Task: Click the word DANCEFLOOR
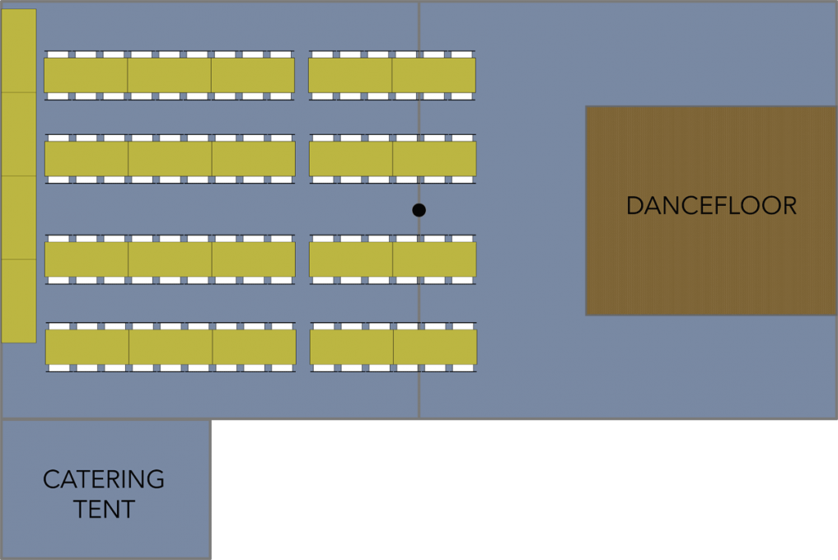point(711,205)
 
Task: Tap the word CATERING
point(104,479)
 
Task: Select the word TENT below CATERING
point(104,510)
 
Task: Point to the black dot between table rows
point(419,210)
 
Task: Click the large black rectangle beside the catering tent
point(524,490)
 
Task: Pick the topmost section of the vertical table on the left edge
point(18,51)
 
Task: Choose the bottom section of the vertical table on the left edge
point(18,301)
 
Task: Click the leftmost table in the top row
point(86,75)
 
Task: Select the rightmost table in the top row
point(434,75)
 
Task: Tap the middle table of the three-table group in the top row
point(169,75)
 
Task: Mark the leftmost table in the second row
point(87,159)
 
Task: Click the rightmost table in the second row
point(435,159)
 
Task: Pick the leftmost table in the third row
point(87,259)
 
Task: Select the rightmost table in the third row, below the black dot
point(435,259)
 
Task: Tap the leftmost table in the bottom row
point(87,347)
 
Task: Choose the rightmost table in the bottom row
point(436,347)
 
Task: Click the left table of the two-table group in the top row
point(350,75)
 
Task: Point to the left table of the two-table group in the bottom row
point(352,347)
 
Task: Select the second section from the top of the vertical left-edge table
point(18,134)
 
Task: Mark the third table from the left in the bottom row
point(255,347)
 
